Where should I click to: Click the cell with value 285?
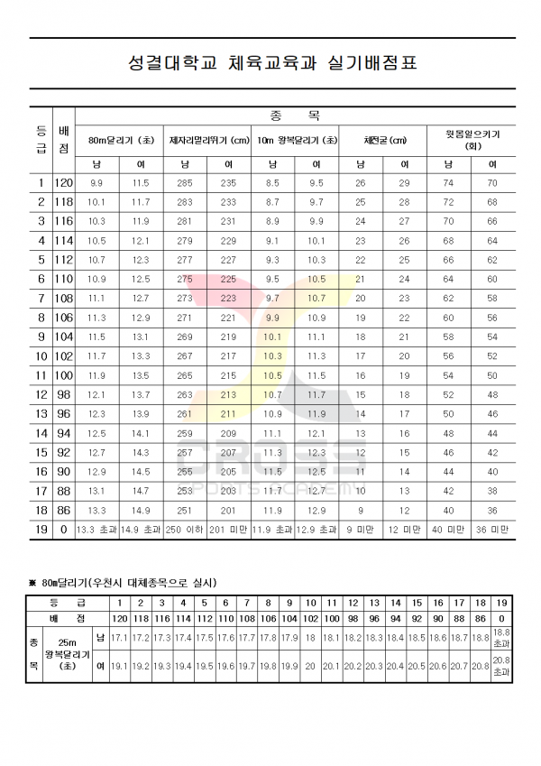pyautogui.click(x=185, y=183)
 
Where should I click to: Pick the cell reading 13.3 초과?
pyautogui.click(x=96, y=530)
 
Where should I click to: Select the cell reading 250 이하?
pyautogui.click(x=185, y=530)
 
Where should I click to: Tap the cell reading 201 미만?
pyautogui.click(x=228, y=530)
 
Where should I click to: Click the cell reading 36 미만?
pyautogui.click(x=492, y=530)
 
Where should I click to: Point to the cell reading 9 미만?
pyautogui.click(x=361, y=530)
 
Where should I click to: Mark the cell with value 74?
pyautogui.click(x=448, y=183)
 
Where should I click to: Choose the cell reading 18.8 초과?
pyautogui.click(x=502, y=639)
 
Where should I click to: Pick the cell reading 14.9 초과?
pyautogui.click(x=141, y=530)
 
